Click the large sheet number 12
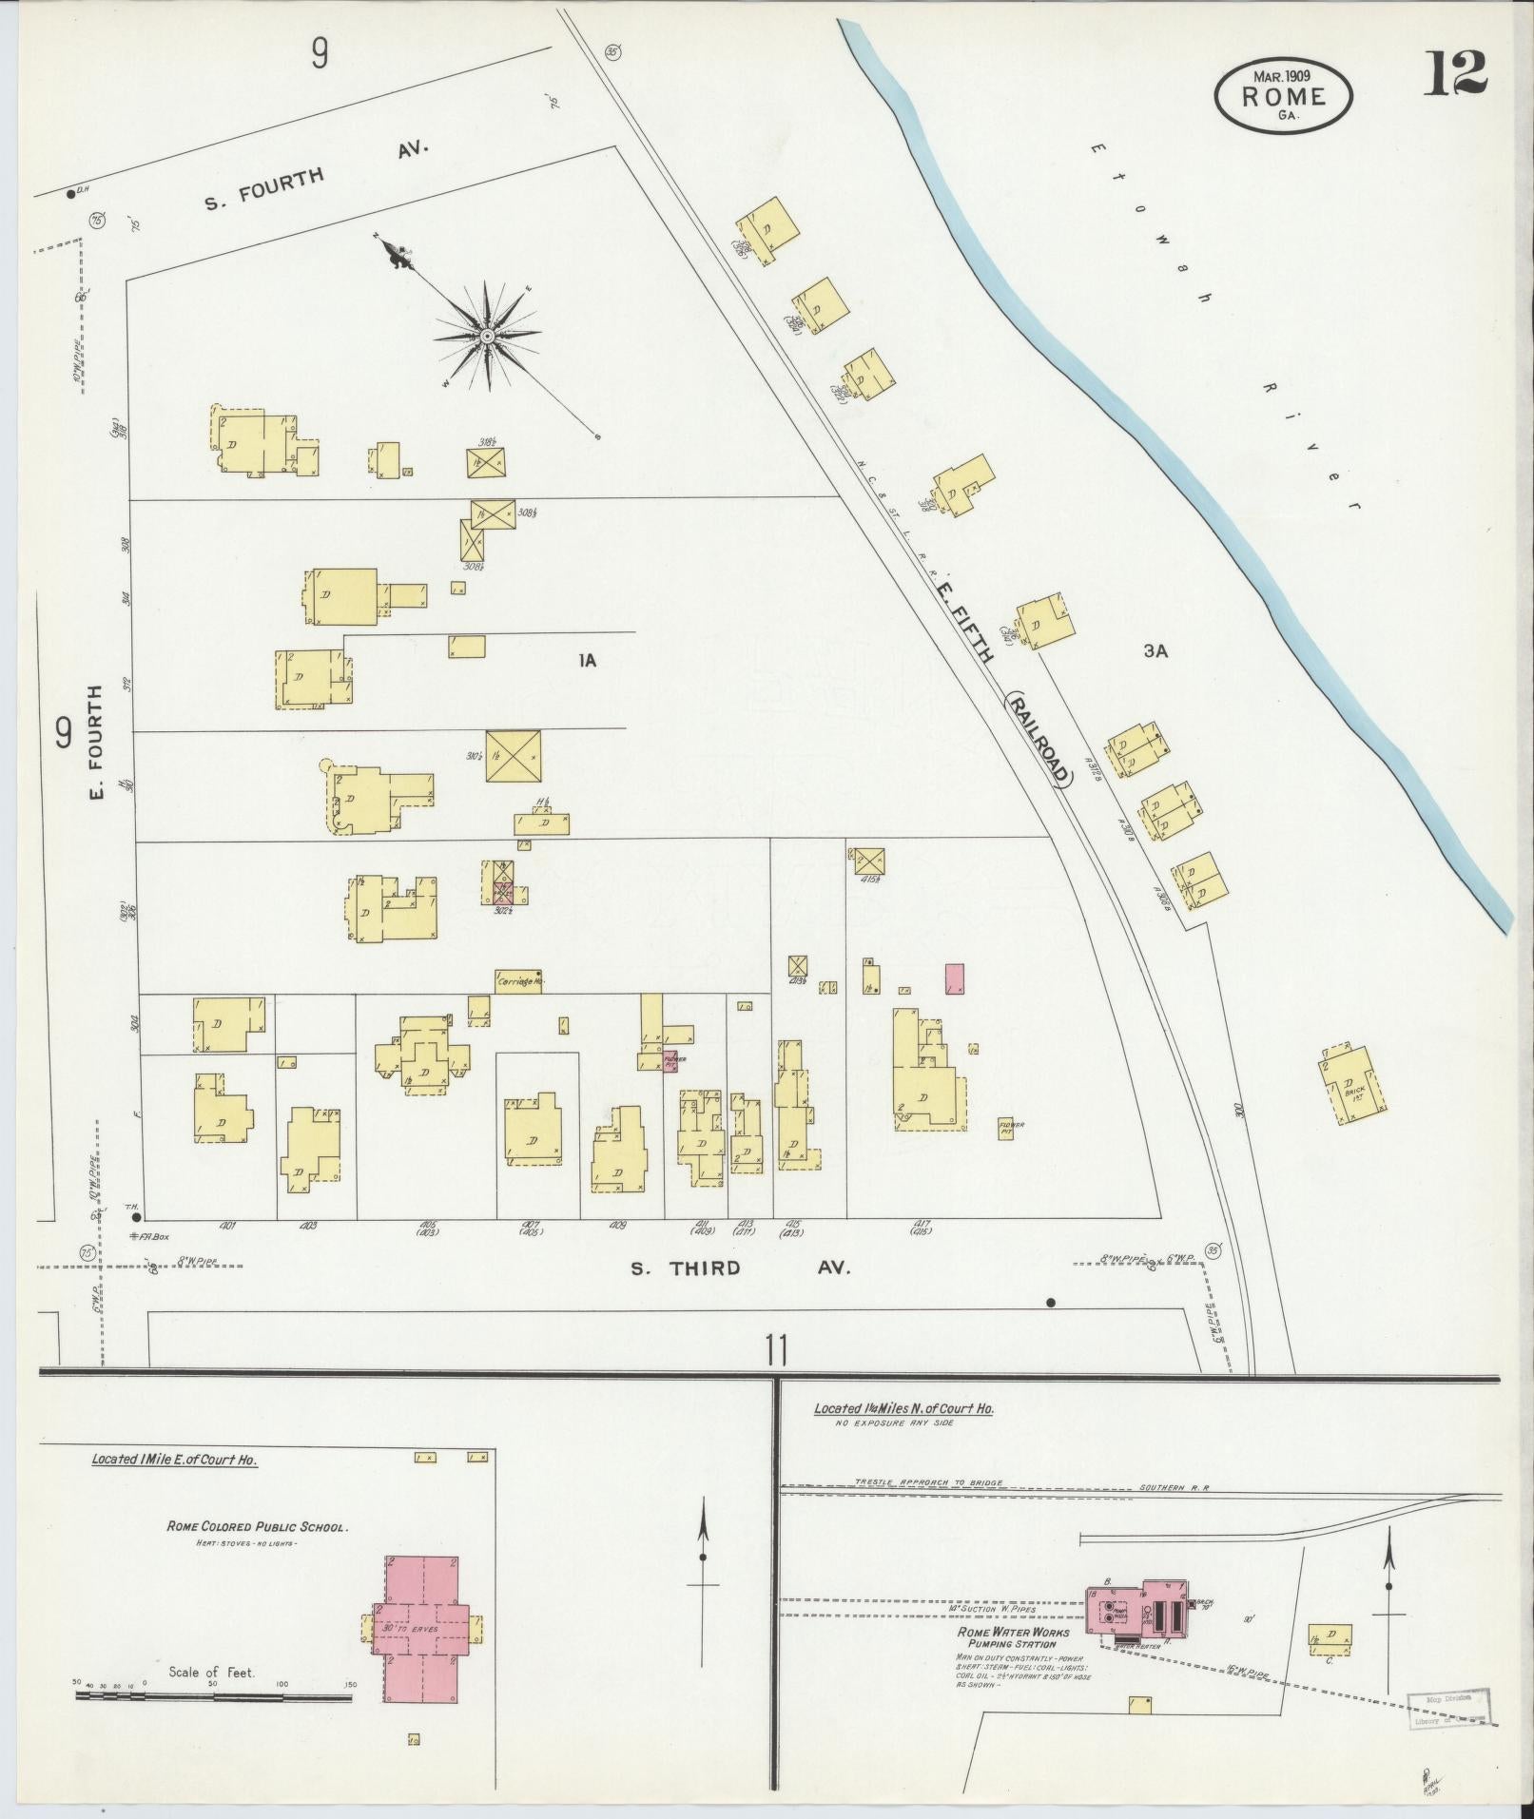click(1455, 73)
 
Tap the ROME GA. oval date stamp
click(1283, 95)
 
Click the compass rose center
click(486, 336)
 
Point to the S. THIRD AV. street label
click(739, 1267)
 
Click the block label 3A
click(1155, 651)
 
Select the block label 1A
click(587, 660)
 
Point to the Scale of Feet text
click(211, 1672)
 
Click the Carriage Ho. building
click(518, 981)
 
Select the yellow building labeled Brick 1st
click(1351, 1084)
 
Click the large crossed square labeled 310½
click(513, 756)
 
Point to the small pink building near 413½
click(955, 979)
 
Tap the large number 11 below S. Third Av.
click(776, 1350)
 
